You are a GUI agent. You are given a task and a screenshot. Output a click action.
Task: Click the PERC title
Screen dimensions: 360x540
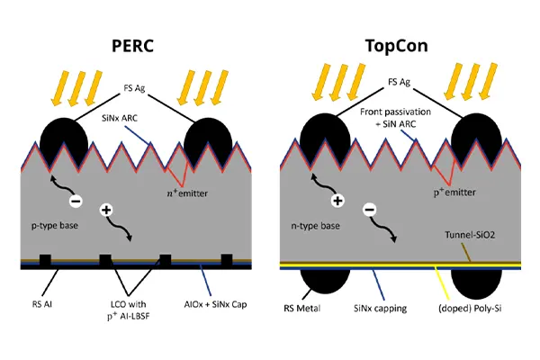[x=132, y=45]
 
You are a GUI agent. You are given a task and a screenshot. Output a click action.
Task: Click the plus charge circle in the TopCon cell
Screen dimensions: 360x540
[x=338, y=201]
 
